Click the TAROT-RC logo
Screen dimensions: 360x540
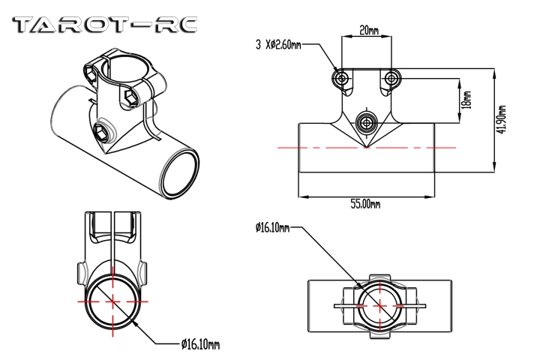click(x=106, y=25)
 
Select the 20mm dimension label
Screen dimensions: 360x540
click(x=368, y=31)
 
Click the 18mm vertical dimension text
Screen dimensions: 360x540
click(x=466, y=100)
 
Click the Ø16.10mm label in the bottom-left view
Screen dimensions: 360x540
click(x=200, y=344)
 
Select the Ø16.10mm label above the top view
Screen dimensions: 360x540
click(x=272, y=226)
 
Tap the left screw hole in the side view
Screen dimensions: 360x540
click(x=342, y=77)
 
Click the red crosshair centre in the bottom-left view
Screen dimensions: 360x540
click(x=112, y=301)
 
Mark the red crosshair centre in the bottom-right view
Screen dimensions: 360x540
click(x=379, y=305)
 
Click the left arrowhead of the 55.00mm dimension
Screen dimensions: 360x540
click(x=302, y=197)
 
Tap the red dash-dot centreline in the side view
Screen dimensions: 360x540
click(x=322, y=148)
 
